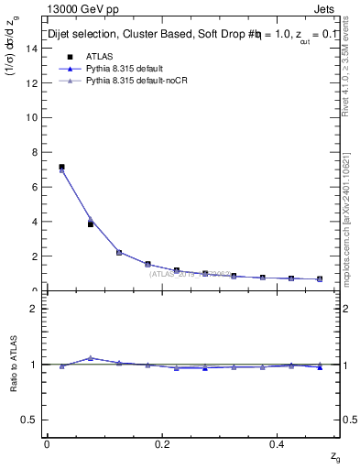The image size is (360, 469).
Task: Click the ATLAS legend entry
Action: tap(100, 58)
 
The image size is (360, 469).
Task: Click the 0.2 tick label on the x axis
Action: tap(163, 443)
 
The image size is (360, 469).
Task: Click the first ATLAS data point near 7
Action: tap(61, 168)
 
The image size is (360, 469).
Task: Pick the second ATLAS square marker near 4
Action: tap(90, 224)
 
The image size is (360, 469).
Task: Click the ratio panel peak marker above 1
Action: tap(90, 358)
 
